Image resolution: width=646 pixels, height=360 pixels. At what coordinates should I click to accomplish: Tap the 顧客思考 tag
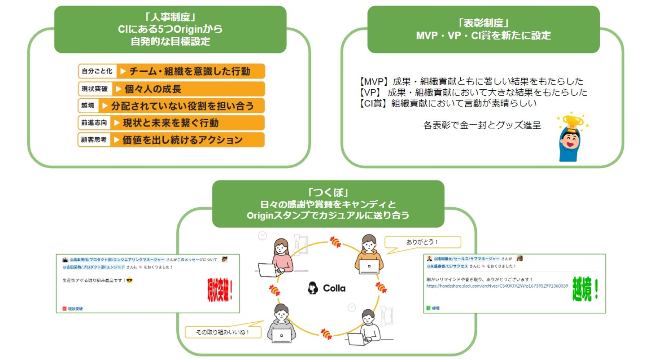[x=94, y=140]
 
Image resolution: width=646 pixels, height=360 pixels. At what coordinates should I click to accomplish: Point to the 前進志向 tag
[x=95, y=122]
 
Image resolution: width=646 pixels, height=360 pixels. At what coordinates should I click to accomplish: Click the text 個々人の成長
[x=152, y=88]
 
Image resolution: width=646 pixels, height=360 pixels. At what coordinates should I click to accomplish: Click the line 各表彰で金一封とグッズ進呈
[x=482, y=125]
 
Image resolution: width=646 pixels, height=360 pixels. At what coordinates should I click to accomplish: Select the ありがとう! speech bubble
[x=423, y=242]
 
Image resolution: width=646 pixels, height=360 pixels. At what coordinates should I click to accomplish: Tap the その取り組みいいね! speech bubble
[x=223, y=332]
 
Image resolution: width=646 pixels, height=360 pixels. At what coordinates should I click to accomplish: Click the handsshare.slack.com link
[x=497, y=285]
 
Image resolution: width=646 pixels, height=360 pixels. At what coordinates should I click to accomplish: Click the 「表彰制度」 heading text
[x=483, y=23]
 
